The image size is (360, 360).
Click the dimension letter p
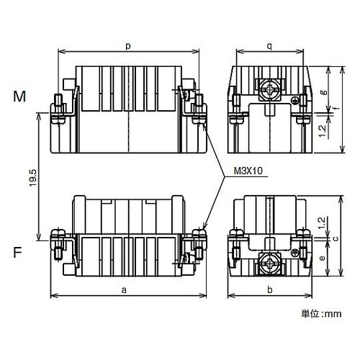128,46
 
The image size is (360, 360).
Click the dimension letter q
270,45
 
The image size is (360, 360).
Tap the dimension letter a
124,290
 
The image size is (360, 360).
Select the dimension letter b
270,289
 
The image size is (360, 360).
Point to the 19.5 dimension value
32,178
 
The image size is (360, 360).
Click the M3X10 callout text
248,171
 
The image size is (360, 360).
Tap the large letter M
19,96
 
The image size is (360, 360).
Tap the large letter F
17,252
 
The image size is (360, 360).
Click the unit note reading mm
333,314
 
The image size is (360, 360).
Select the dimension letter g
324,92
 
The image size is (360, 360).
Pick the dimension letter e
323,258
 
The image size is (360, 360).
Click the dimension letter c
336,238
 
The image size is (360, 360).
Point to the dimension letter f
337,108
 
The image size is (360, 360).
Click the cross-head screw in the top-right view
270,91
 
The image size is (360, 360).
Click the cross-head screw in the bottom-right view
269,263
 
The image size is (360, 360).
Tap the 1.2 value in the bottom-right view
322,223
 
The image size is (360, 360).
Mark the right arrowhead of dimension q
300,51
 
